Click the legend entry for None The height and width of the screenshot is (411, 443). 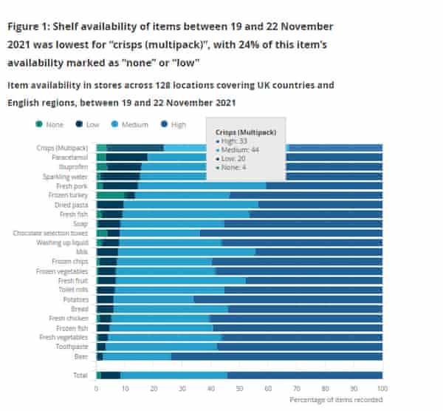click(x=49, y=125)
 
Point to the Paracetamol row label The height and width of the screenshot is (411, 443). click(x=72, y=157)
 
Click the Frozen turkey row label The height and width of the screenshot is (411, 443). click(x=72, y=195)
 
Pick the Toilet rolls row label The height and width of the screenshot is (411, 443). click(x=75, y=289)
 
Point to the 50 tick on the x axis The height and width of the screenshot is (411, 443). click(x=239, y=388)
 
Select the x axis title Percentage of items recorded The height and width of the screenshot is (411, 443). click(x=336, y=400)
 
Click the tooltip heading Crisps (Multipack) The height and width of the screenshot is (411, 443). click(x=247, y=132)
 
